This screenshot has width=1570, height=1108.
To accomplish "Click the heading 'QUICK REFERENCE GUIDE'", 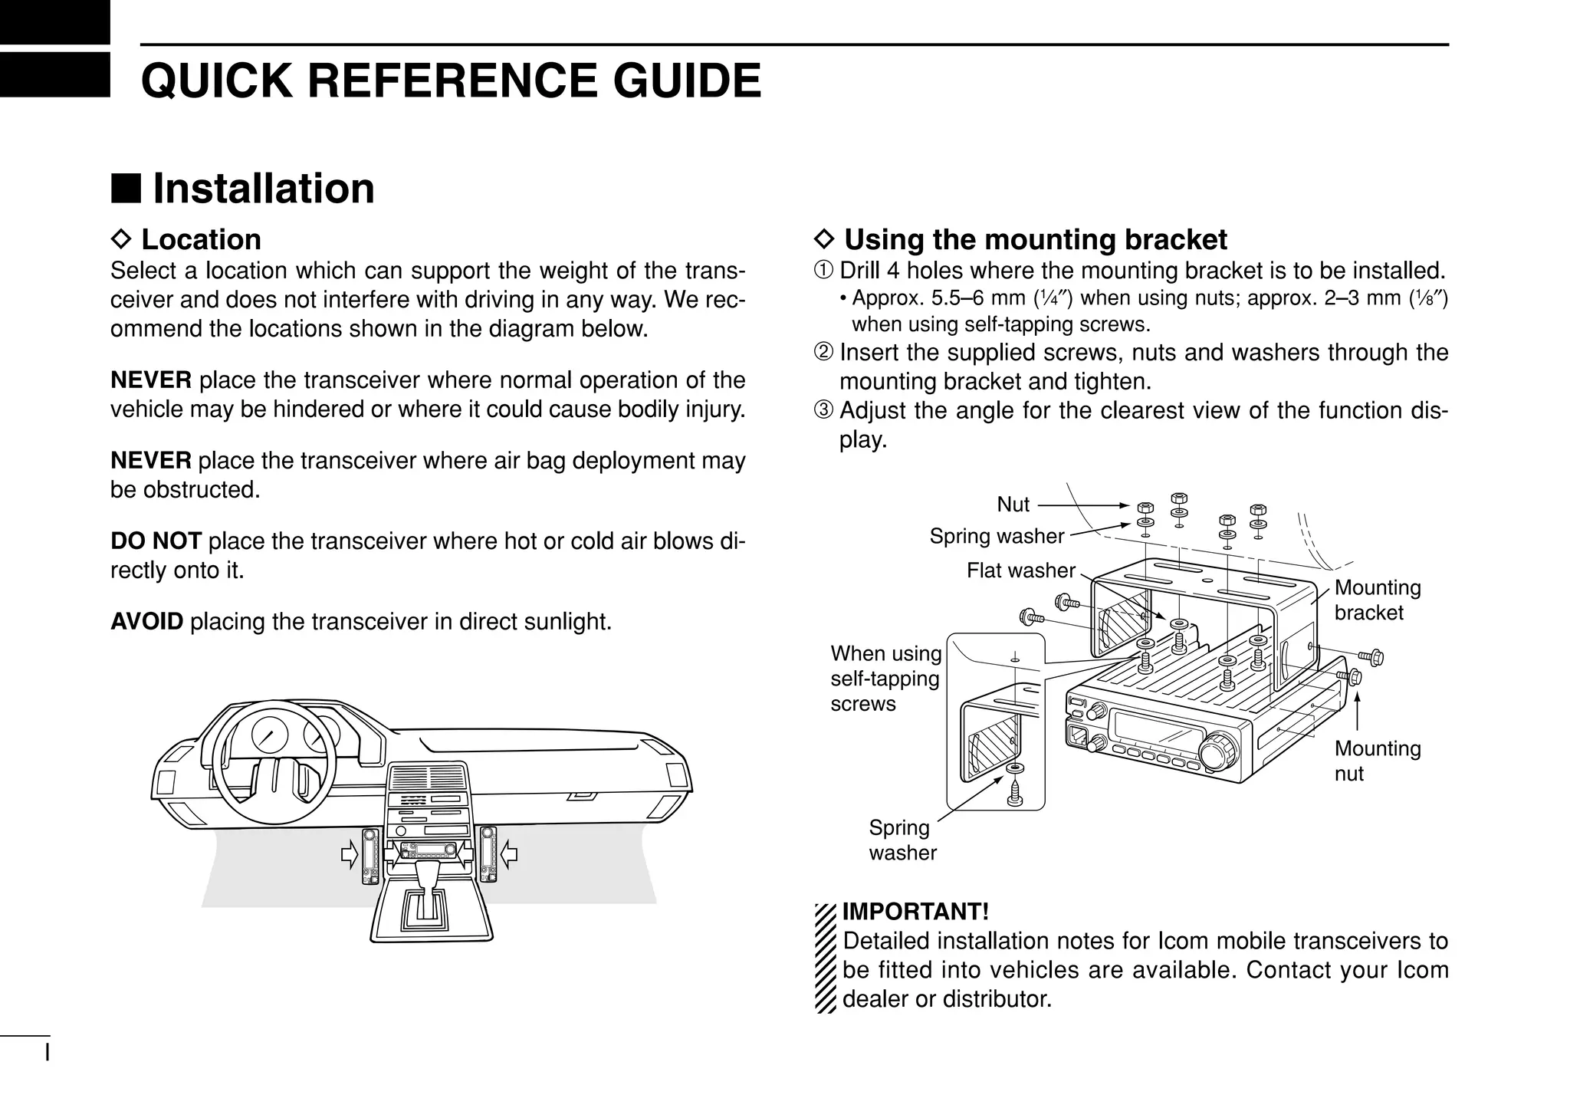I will (x=451, y=81).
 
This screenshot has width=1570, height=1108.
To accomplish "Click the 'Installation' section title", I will (x=263, y=189).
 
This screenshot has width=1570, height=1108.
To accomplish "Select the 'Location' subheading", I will (x=201, y=239).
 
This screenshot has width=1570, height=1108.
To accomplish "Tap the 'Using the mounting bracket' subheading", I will (x=1035, y=239).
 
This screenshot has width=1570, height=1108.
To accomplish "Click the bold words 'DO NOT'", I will (x=156, y=541).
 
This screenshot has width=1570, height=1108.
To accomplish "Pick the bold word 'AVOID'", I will (x=146, y=621).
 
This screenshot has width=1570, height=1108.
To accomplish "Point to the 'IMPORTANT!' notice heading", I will (x=915, y=912).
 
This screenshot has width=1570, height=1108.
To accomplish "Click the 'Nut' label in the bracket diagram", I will (x=1013, y=505).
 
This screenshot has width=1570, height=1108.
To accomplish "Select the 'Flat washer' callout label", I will (x=1020, y=570).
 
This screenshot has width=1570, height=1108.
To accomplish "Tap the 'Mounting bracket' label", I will (x=1377, y=600).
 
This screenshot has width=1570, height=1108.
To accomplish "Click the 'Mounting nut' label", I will (x=1377, y=761).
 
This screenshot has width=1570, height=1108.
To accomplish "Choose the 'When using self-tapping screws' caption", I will (x=885, y=679).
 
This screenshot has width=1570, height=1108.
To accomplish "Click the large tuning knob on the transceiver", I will (x=1217, y=751).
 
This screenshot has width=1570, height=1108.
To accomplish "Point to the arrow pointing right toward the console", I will (x=350, y=853).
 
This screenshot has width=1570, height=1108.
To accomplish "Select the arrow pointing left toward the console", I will (x=509, y=853).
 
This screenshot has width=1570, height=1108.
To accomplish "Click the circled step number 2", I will (x=823, y=353).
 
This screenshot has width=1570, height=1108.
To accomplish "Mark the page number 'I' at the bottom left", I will (x=48, y=1050).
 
